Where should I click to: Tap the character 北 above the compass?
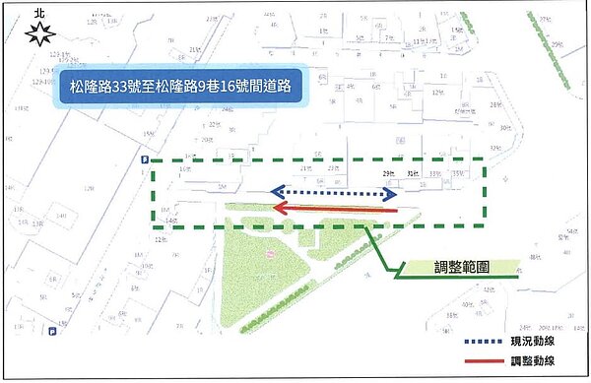coord(39,13)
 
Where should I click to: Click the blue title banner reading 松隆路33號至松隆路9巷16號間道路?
coord(180,85)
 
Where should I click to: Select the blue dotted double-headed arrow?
coord(334,194)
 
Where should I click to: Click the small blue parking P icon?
coord(146,160)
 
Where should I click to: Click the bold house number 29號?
coord(388,175)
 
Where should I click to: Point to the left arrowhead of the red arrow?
coord(278,209)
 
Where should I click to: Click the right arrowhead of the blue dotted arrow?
coord(391,194)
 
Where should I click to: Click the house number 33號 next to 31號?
coord(435,175)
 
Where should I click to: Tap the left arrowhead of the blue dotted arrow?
coord(277,194)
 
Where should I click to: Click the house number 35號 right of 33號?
coord(457,174)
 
